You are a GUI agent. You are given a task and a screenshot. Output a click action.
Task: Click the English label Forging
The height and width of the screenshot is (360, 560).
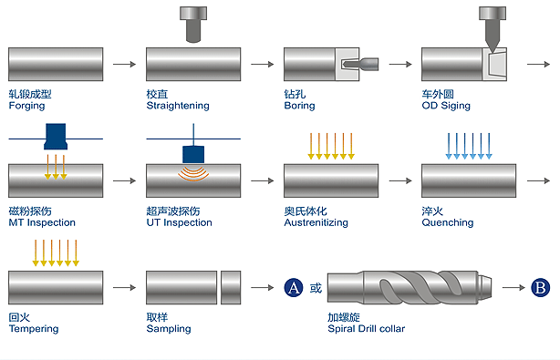pos(26,106)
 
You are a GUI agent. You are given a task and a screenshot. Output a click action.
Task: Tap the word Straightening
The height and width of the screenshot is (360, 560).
pos(178,106)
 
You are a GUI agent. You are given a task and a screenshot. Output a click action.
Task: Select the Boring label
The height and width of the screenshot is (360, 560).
pos(300,106)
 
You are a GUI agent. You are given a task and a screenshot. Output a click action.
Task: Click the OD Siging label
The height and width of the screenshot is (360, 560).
pos(446,106)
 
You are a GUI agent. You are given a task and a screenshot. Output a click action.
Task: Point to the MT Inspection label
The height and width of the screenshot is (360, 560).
pos(42,222)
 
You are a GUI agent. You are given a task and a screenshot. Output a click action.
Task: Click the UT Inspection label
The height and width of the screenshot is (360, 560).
pos(180,222)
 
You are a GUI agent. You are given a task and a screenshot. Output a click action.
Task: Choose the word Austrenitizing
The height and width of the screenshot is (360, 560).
pos(316,222)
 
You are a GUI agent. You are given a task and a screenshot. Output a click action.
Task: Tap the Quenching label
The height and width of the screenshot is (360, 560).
pos(448,222)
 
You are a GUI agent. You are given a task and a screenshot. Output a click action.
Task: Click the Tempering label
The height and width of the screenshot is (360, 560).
pos(34,329)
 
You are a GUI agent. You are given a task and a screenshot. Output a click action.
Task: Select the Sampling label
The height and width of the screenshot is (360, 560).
pos(169,329)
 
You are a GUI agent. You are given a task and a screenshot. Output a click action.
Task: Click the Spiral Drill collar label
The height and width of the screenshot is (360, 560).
pos(367,329)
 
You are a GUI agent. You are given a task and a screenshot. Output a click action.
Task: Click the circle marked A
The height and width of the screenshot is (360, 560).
pos(294,288)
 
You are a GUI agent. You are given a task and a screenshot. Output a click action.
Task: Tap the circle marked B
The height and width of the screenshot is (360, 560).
pos(540,288)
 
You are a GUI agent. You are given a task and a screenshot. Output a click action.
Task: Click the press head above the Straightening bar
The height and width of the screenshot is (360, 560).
pos(193,25)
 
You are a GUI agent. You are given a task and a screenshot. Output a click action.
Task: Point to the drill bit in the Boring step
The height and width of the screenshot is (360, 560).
pos(360,64)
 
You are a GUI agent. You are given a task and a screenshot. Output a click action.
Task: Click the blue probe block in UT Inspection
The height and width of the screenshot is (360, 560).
pos(193,155)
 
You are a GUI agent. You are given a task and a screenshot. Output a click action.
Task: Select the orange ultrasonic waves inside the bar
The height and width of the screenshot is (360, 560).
pos(193,174)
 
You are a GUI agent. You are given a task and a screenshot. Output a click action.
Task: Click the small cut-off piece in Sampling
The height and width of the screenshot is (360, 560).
pos(231,288)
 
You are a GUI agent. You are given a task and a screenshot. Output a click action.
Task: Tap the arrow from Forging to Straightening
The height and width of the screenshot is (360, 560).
pos(125,64)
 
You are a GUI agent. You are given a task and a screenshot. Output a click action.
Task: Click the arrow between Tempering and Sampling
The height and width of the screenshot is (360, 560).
pos(125,288)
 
